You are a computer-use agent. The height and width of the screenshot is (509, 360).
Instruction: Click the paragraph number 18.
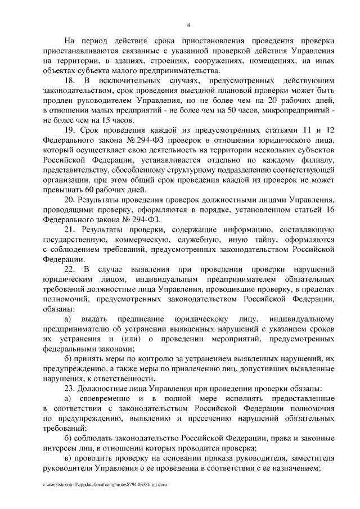click(69, 82)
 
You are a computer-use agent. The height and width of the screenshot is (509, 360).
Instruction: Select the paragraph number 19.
click(69, 130)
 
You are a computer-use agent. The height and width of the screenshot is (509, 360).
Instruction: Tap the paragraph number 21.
click(70, 231)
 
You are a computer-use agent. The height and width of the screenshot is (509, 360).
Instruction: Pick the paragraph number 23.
click(69, 389)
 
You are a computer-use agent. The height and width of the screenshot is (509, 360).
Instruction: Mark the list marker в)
click(68, 458)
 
